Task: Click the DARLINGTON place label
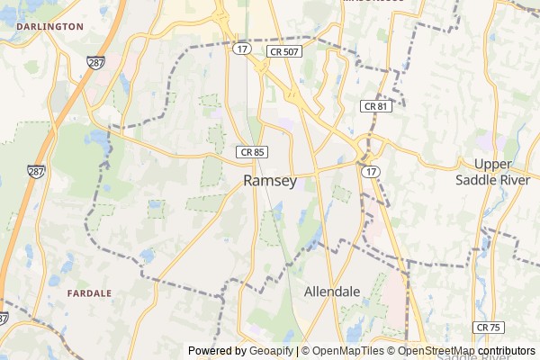point(49,27)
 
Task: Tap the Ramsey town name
point(270,181)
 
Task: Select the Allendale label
point(332,292)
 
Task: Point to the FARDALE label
point(90,293)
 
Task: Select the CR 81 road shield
point(375,106)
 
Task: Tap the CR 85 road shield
point(252,152)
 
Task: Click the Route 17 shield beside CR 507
point(241,49)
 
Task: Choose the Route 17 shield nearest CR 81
point(370,170)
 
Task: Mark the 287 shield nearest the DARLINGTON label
point(95,62)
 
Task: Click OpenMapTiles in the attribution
point(346,351)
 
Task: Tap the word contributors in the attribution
point(506,351)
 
